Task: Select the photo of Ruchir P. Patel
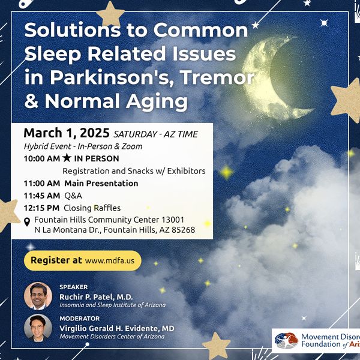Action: click(38, 296)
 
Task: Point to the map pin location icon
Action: click(27, 224)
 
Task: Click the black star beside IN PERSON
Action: click(67, 159)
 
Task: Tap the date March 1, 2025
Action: click(66, 133)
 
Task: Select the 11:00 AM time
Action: click(41, 184)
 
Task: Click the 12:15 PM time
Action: click(41, 208)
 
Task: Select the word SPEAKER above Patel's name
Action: click(74, 287)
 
